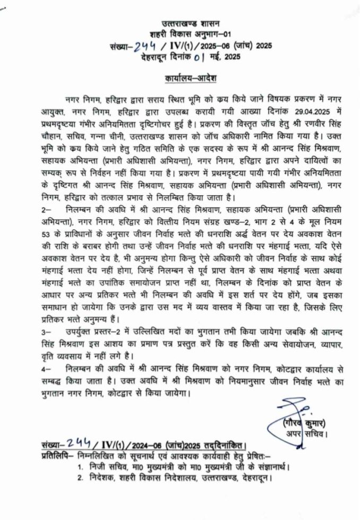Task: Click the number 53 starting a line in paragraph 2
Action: [46, 235]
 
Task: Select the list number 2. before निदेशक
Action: [79, 480]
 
